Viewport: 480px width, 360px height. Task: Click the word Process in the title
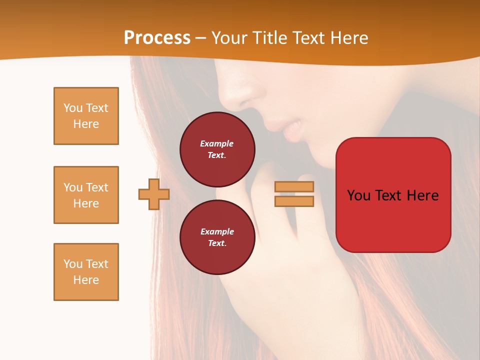pos(157,38)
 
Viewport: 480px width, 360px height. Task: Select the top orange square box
pos(86,116)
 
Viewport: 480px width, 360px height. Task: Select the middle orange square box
pos(86,195)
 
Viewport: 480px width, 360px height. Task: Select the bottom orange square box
pos(86,272)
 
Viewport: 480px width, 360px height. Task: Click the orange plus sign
pos(154,194)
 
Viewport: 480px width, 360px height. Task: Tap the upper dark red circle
pos(217,149)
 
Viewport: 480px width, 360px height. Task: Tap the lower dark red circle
pos(217,237)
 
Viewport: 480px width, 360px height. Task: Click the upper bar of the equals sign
pos(294,186)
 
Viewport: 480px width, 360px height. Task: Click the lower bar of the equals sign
pos(294,201)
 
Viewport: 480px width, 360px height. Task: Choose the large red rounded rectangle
pos(393,195)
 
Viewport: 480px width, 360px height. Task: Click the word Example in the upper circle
pos(217,143)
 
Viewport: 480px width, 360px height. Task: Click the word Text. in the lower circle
pos(217,243)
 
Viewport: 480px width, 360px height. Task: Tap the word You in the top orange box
pos(73,108)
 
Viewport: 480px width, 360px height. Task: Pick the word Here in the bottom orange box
pos(86,280)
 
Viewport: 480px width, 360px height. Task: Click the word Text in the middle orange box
pos(97,187)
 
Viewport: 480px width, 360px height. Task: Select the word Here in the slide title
pos(348,38)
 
